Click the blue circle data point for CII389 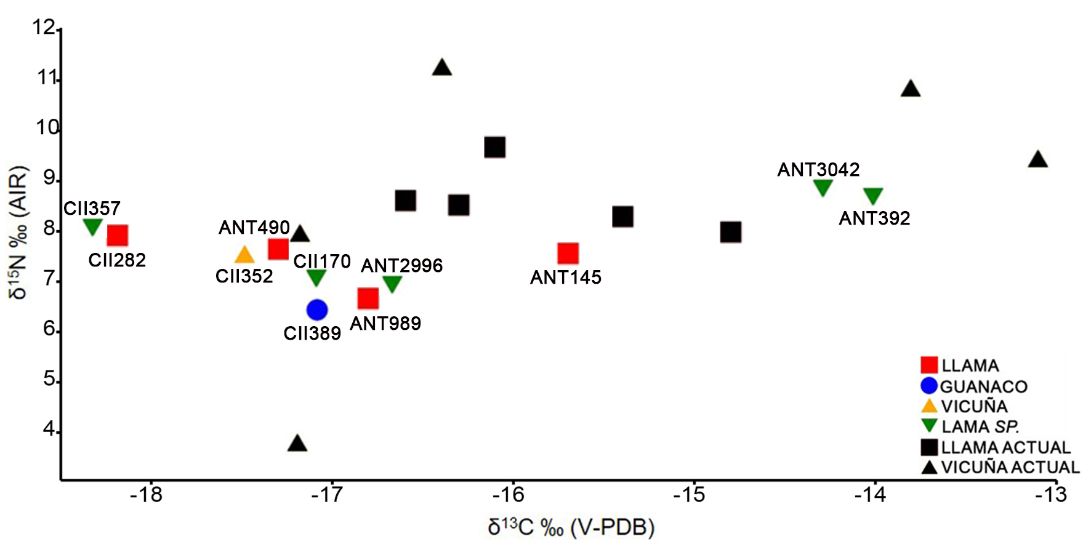point(316,310)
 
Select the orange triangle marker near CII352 point(244,255)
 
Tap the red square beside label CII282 point(117,235)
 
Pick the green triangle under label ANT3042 point(823,187)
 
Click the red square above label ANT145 point(568,253)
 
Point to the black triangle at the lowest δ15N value point(297,444)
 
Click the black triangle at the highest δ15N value point(441,68)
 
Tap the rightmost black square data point point(730,232)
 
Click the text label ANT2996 point(401,265)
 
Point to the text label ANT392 point(874,218)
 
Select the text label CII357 point(92,208)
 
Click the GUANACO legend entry point(983,386)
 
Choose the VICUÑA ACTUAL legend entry point(1010,467)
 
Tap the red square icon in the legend point(928,365)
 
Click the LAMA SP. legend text point(980,426)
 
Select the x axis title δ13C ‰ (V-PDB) point(571,527)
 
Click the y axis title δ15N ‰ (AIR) point(18,232)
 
